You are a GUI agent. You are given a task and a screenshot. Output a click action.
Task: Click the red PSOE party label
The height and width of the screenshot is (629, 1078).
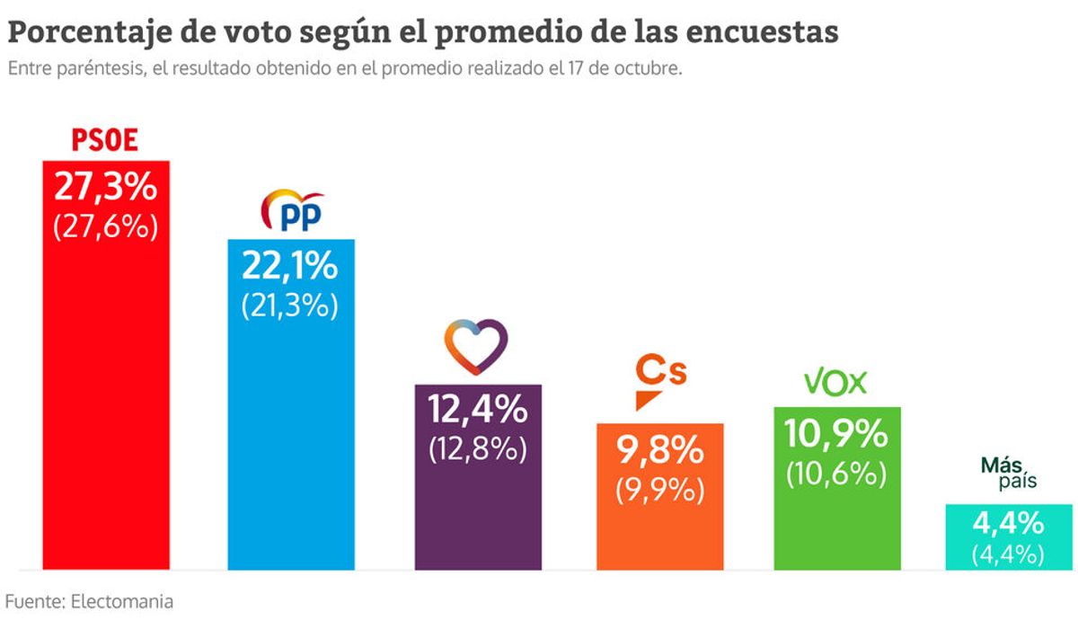tap(105, 142)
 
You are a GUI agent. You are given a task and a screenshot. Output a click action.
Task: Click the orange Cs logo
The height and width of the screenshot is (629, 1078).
tap(659, 379)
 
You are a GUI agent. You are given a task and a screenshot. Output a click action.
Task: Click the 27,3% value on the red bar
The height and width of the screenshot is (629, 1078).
tap(106, 187)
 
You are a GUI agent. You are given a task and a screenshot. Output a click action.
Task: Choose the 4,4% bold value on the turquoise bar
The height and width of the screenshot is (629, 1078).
tap(1008, 522)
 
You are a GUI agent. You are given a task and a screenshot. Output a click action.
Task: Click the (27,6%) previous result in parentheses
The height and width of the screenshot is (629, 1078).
tap(106, 226)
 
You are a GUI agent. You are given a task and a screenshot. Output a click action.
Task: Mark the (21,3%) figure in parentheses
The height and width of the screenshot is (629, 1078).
tap(290, 305)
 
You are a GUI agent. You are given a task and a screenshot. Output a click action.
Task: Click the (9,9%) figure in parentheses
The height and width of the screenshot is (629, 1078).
tap(660, 490)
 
